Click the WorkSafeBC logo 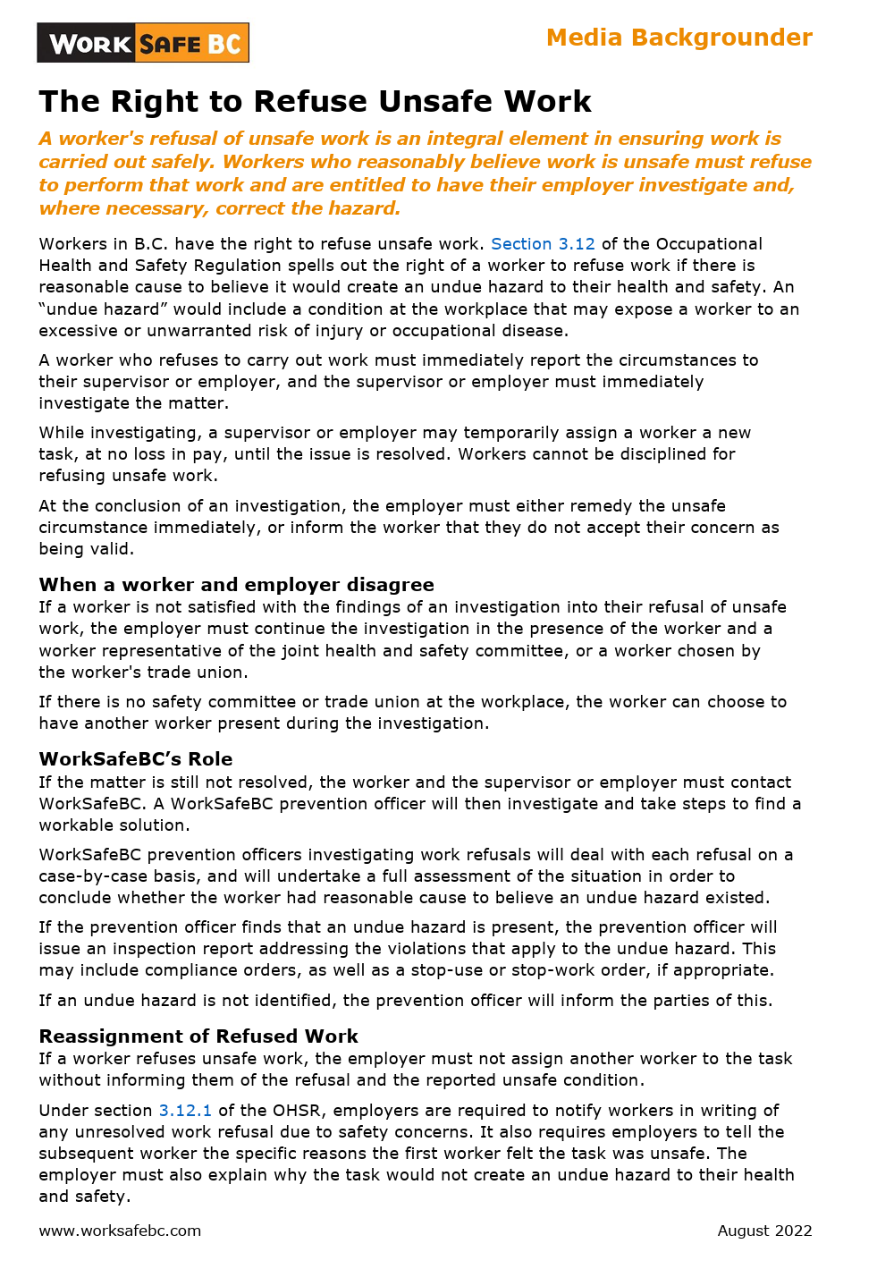(143, 43)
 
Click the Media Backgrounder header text (679, 38)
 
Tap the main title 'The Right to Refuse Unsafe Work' (315, 102)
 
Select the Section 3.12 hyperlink (543, 244)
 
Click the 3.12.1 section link (185, 1111)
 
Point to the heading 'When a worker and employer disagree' (236, 585)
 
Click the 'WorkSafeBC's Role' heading (136, 759)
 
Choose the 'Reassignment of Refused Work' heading (198, 1036)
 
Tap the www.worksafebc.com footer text (120, 1231)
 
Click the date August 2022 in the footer (764, 1231)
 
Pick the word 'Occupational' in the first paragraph (709, 244)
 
